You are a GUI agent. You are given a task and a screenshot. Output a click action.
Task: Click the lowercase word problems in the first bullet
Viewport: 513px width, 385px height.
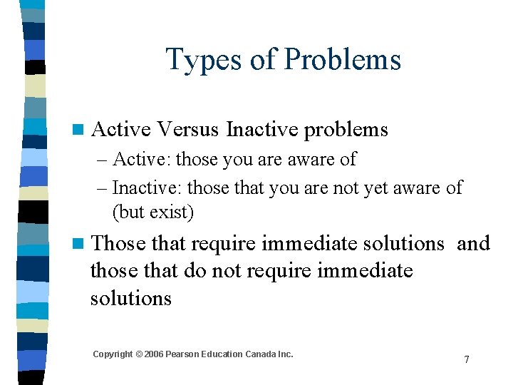click(x=346, y=130)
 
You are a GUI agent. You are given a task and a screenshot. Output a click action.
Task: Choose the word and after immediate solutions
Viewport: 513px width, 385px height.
click(x=473, y=243)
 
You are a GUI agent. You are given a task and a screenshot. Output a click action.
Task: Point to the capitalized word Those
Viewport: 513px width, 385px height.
click(x=118, y=243)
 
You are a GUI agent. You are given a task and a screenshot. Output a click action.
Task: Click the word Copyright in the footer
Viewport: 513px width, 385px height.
click(x=113, y=354)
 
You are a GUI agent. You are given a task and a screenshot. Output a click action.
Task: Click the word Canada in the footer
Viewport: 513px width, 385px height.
click(x=262, y=354)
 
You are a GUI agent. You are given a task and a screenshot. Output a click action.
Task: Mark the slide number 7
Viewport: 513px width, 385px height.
click(x=467, y=359)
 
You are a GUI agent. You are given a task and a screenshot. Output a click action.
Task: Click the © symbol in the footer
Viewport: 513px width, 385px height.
click(x=139, y=354)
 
